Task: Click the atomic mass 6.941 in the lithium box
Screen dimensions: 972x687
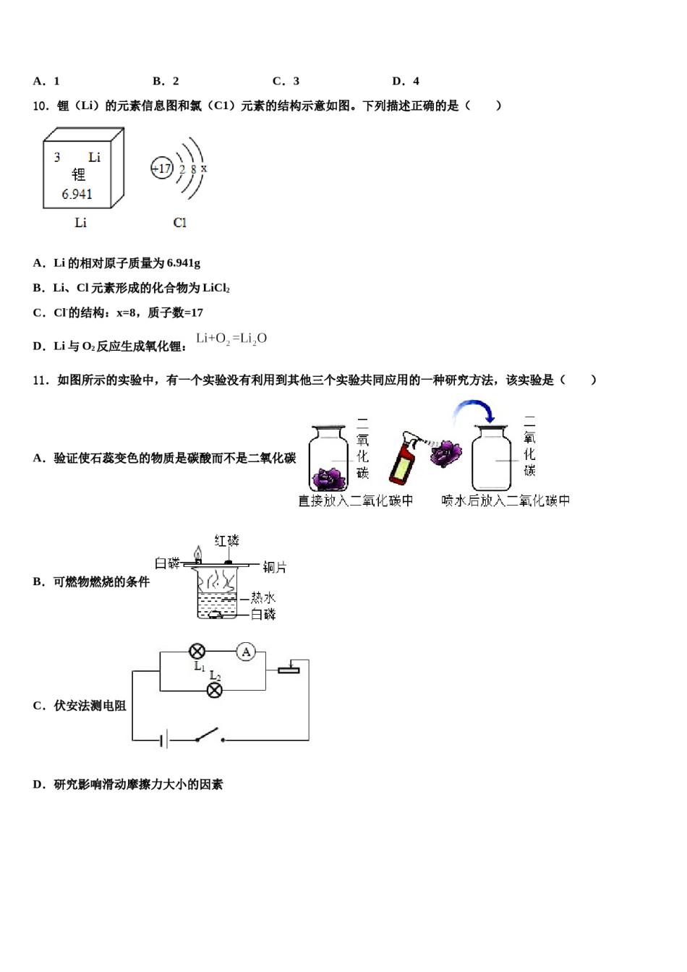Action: [77, 194]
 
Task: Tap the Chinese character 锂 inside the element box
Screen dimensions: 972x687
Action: [78, 174]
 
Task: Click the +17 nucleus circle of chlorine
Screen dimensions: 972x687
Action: [161, 169]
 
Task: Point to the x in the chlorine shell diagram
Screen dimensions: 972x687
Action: [204, 169]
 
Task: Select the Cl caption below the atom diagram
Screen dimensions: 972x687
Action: [179, 223]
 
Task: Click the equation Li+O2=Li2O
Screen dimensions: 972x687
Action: [231, 338]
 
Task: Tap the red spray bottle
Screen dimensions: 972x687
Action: [402, 460]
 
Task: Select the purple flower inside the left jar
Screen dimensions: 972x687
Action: [330, 477]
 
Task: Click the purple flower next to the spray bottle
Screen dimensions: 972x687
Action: [445, 454]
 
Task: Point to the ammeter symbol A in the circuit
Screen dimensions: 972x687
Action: [246, 652]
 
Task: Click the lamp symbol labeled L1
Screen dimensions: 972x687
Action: [197, 652]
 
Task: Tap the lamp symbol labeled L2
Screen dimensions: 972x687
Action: [215, 690]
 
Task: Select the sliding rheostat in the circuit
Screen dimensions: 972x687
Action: [289, 669]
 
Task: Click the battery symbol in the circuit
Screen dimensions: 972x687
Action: [165, 739]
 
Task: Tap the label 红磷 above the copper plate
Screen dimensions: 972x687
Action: [226, 541]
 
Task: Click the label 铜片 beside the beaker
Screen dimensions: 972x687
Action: [275, 567]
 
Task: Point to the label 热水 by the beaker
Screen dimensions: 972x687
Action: [263, 597]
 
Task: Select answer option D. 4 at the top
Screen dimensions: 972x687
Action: [406, 81]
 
